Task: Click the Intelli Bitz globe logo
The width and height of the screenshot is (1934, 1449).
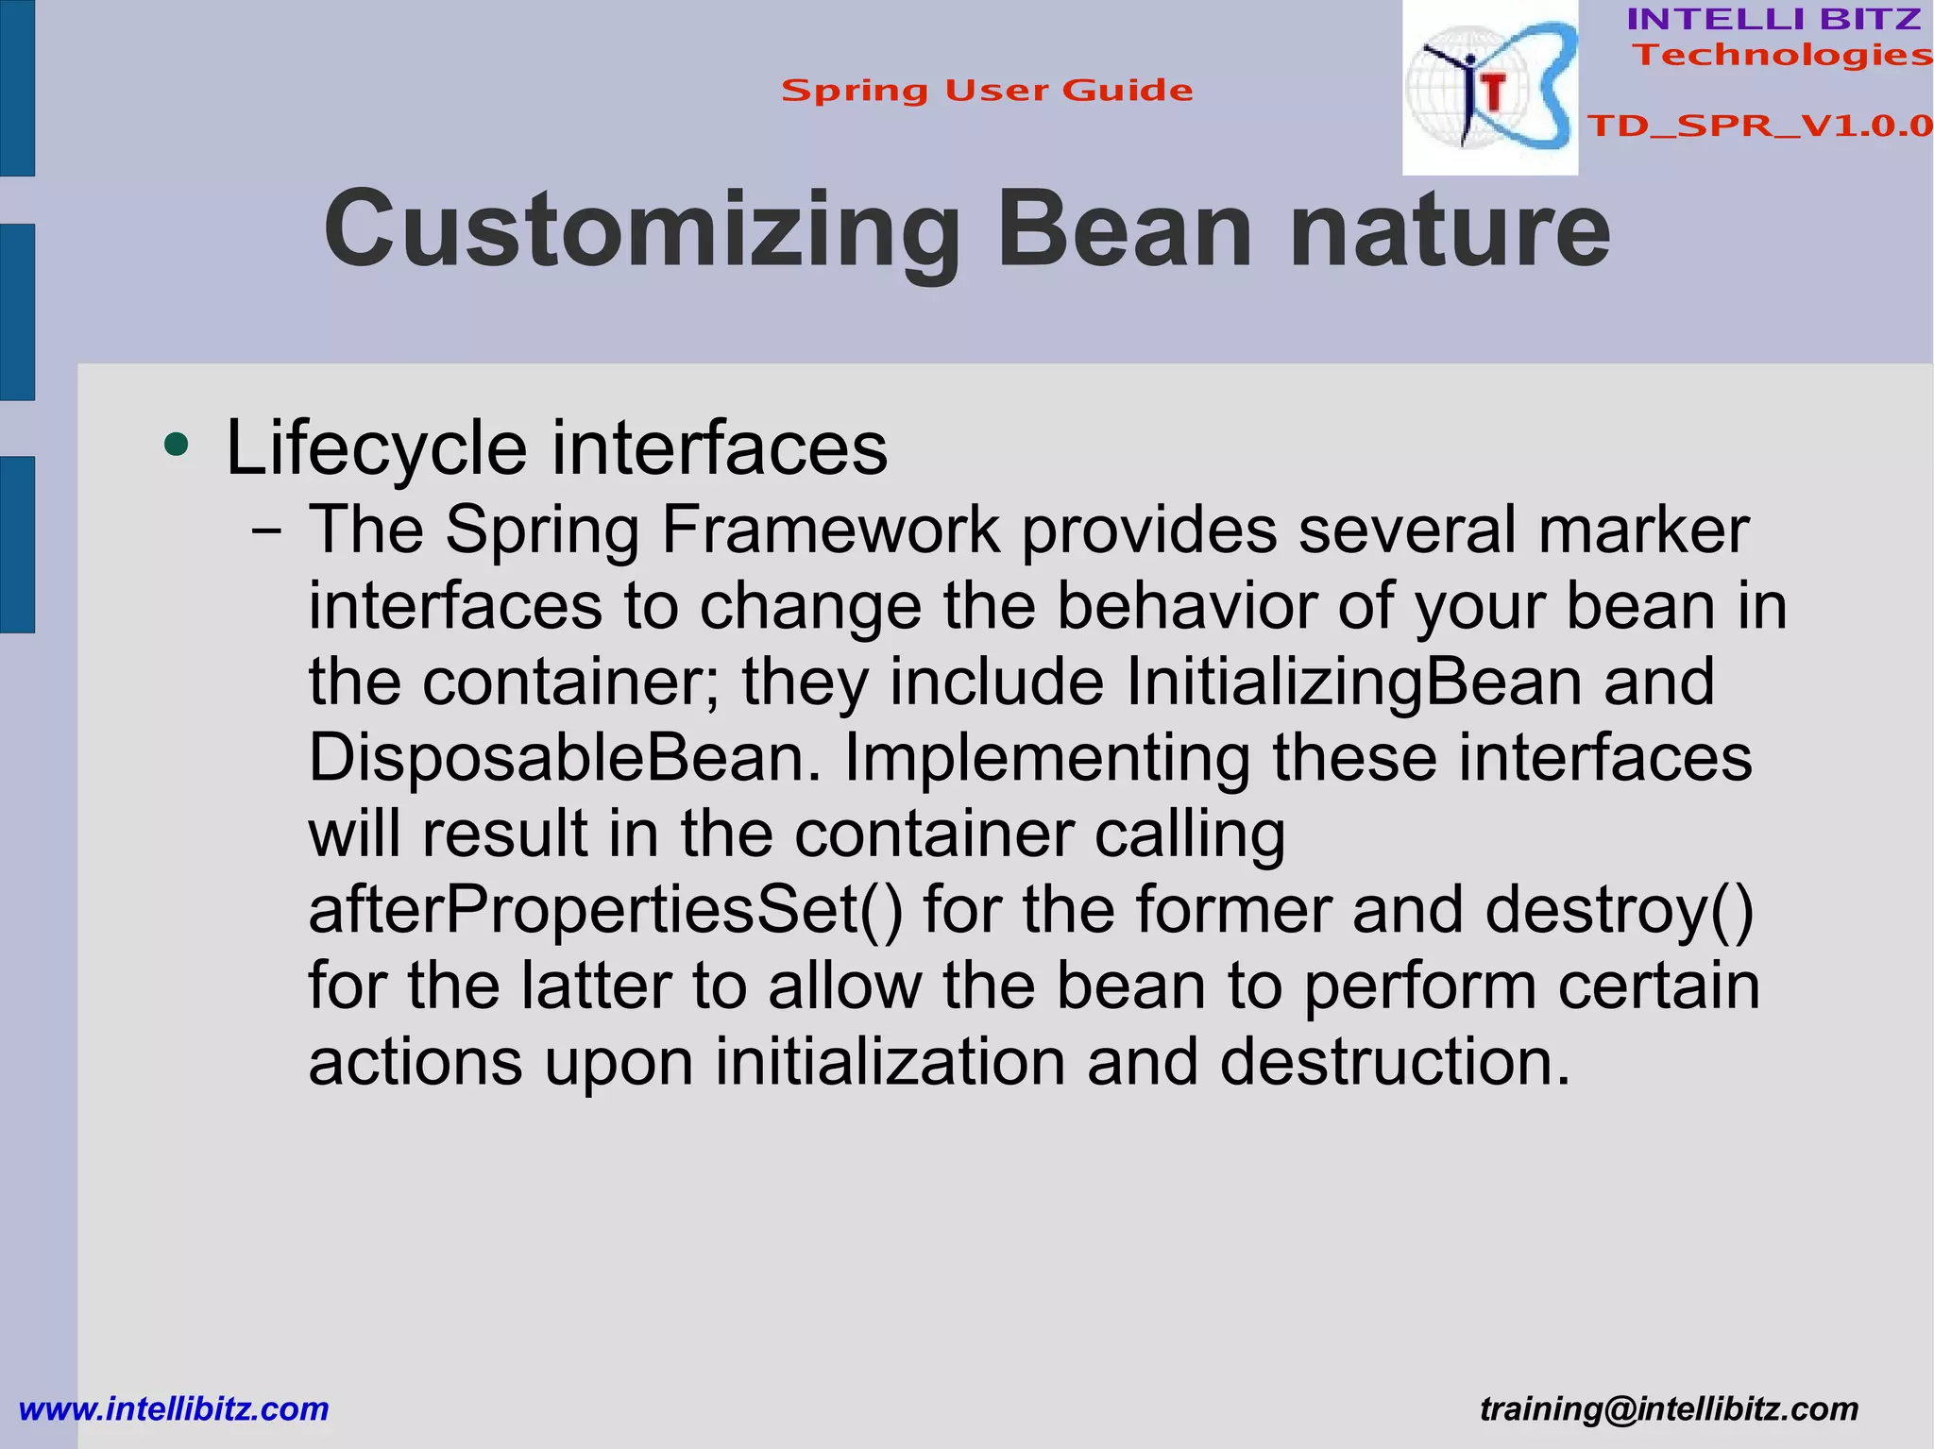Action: pos(1489,88)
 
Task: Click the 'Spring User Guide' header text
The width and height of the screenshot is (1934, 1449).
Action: pos(987,91)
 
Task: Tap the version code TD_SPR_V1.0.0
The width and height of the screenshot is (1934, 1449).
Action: pos(1759,126)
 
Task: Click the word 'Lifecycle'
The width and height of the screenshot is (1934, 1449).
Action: pos(376,447)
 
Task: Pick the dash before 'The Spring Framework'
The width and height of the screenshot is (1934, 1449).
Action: pos(266,531)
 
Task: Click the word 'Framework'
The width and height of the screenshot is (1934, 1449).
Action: pos(830,531)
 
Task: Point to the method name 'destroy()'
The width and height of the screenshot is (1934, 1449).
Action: pos(1619,910)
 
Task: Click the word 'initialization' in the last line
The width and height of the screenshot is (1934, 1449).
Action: pos(890,1062)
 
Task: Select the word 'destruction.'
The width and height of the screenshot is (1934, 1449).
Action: pos(1395,1062)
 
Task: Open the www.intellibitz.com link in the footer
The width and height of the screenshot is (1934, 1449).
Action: pos(174,1409)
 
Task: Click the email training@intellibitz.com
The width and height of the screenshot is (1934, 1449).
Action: pos(1669,1409)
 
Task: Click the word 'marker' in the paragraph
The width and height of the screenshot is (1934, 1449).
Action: pos(1643,531)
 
